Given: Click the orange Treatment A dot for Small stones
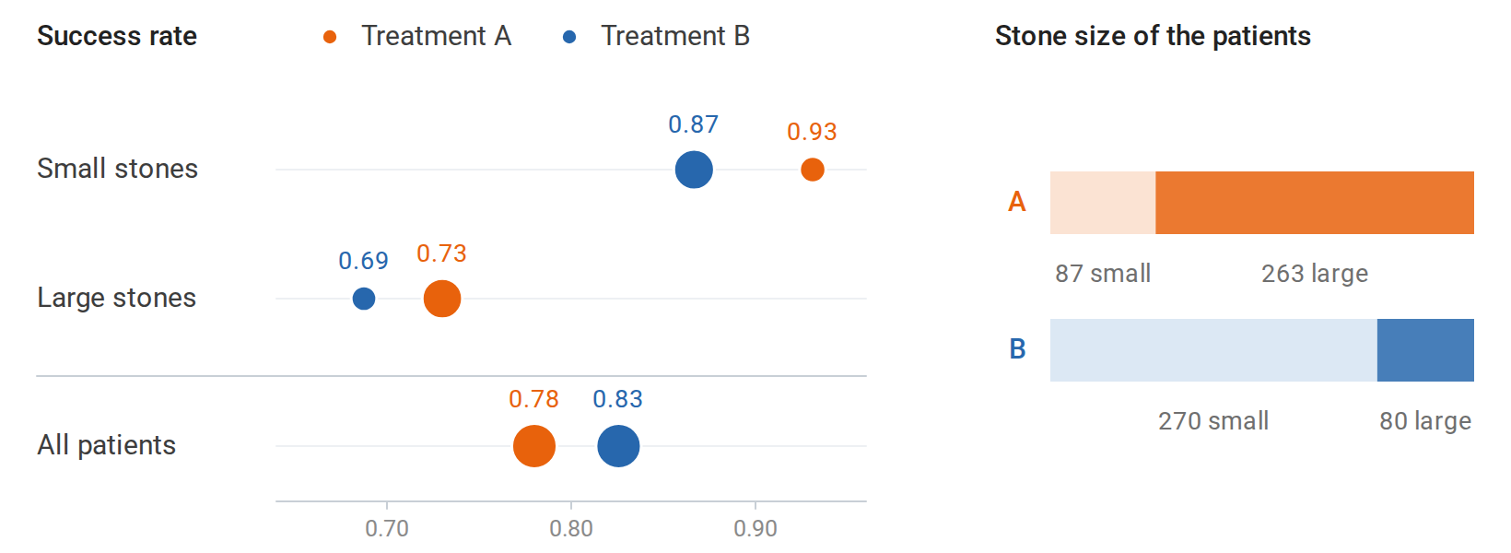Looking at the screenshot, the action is [813, 170].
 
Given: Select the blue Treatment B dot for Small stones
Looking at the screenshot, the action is [694, 170].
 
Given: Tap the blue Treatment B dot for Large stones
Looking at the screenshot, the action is [364, 298].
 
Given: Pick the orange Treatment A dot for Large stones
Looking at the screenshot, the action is [442, 298].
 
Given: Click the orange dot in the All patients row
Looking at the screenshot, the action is [533, 446].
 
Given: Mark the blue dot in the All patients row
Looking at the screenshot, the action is [618, 446].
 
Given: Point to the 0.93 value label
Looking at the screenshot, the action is [812, 132].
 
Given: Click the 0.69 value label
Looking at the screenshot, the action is [363, 260].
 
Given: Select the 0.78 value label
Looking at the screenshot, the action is [533, 398].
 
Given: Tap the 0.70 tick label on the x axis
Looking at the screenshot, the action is [387, 528].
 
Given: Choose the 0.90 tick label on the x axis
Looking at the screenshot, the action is [755, 528].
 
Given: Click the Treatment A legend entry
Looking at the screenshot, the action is [417, 36].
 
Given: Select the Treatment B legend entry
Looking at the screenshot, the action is [656, 36].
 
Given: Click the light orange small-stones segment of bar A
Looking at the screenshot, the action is [1103, 203].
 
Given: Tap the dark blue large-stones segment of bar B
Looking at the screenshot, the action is [1425, 350].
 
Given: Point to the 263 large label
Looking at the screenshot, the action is [1315, 273].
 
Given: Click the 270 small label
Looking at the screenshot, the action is [1212, 421].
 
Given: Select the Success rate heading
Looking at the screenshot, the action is [117, 36].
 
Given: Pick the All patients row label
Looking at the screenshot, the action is [107, 445].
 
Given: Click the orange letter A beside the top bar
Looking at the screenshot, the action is [1016, 202].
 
